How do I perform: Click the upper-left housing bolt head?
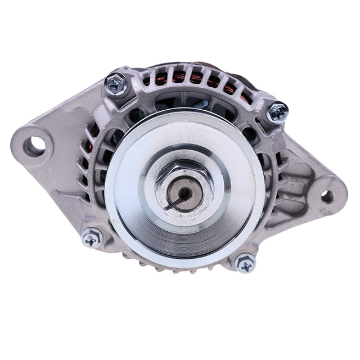pos(116,84)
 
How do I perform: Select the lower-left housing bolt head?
pos(92,238)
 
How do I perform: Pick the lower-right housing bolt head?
pos(245,263)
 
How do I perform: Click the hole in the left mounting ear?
pos(35,145)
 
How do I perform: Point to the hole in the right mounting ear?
pos(327,196)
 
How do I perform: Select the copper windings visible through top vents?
pos(194,79)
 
